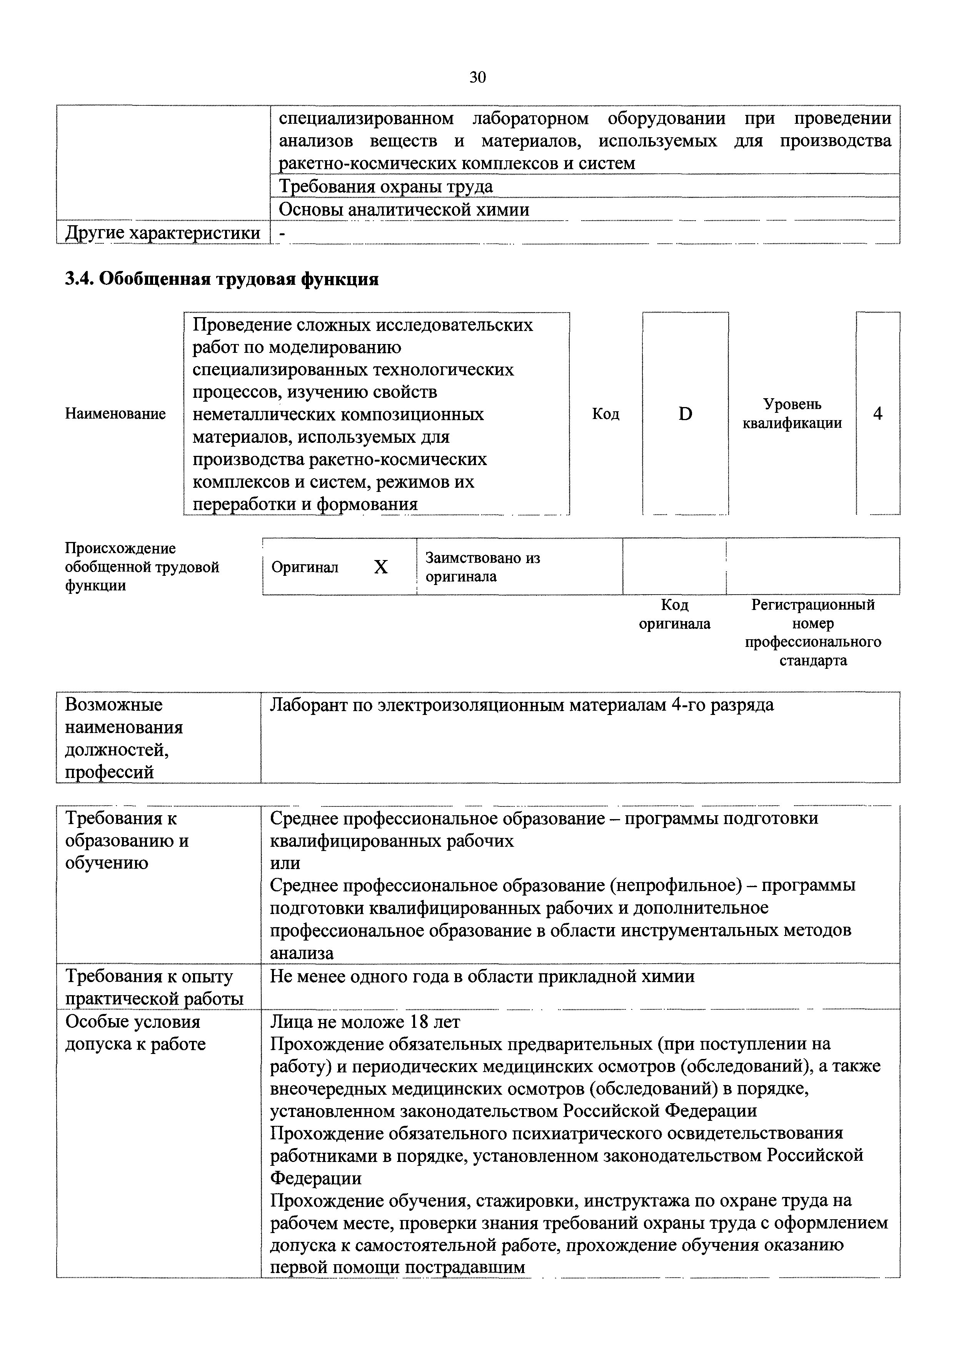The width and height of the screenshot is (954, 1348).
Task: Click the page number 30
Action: tap(477, 77)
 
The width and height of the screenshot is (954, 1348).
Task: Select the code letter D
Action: tap(685, 414)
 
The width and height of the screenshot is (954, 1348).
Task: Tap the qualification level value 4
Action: tap(877, 414)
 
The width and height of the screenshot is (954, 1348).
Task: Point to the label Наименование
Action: tap(115, 414)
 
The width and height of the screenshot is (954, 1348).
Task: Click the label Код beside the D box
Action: tap(605, 414)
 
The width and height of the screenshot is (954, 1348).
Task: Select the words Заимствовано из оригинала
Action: tap(482, 567)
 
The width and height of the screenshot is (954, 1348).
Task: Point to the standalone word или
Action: tap(285, 863)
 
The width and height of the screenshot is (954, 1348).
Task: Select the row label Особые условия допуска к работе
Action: tap(135, 1033)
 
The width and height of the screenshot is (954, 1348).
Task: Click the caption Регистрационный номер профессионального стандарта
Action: tap(813, 632)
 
